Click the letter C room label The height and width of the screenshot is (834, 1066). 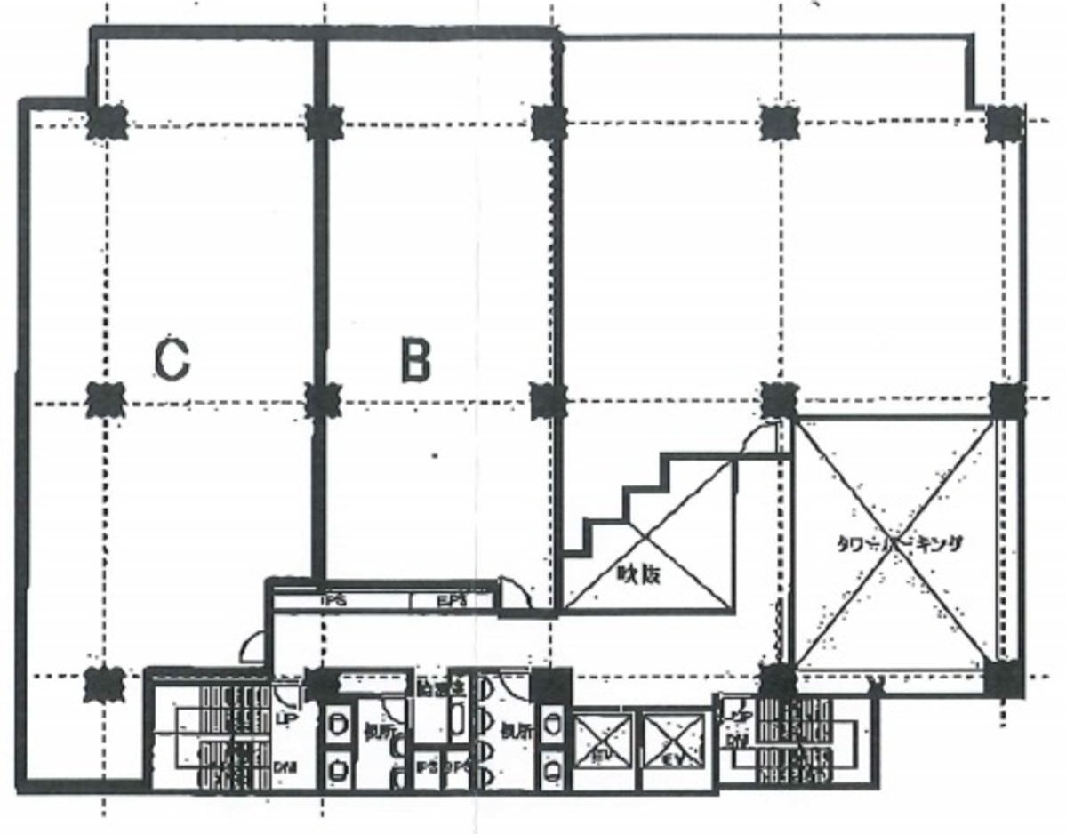171,359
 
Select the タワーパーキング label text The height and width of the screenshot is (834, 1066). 898,545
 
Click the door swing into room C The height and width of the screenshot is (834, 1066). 252,647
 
